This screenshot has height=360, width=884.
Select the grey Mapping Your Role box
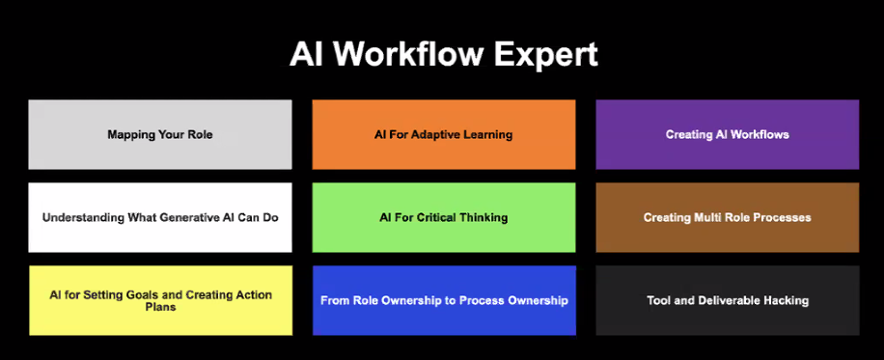pos(160,134)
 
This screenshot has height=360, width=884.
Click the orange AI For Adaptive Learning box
pos(444,134)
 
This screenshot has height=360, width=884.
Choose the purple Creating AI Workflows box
pos(728,134)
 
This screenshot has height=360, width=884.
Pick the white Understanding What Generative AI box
pos(160,217)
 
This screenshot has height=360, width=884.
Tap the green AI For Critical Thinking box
pos(444,217)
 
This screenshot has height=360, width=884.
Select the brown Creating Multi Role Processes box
pos(728,217)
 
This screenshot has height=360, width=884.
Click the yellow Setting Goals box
pos(160,300)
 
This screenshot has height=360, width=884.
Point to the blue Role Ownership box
pos(444,300)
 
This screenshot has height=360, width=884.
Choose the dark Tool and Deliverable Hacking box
pos(728,300)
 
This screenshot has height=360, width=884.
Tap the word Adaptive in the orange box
pos(433,135)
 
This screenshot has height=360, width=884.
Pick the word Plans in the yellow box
pos(160,307)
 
